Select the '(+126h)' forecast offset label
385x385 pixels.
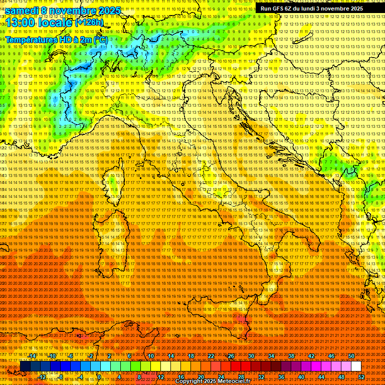(x=89, y=22)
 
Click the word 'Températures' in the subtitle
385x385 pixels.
(x=30, y=39)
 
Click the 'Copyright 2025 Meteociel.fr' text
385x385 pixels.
(x=218, y=381)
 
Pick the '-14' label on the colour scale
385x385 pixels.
(x=33, y=356)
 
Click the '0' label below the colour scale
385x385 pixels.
(x=100, y=377)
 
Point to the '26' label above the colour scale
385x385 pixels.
(x=231, y=356)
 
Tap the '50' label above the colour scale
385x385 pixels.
(x=351, y=356)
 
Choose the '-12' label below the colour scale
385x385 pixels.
(x=43, y=377)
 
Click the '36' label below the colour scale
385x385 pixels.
(x=281, y=377)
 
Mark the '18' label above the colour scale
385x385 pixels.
(x=190, y=356)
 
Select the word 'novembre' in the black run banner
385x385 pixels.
(x=331, y=9)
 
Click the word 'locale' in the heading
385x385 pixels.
(x=55, y=22)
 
